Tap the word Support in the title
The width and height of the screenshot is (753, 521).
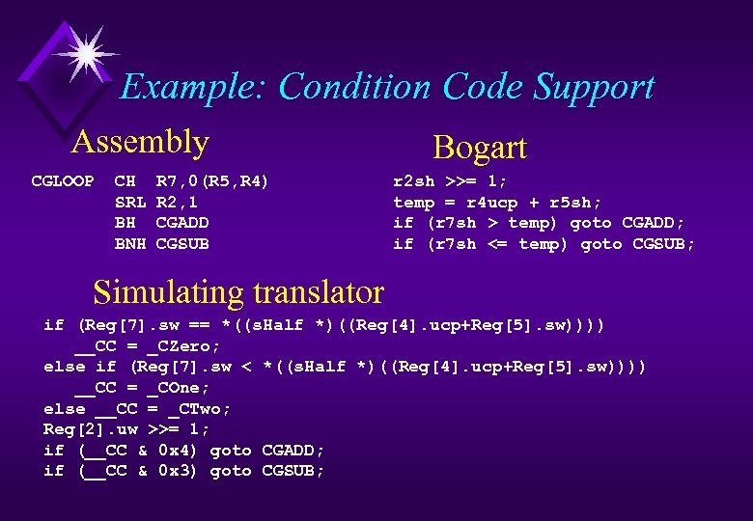(x=596, y=87)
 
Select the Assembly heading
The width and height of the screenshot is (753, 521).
(x=140, y=142)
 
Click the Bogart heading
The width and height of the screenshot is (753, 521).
(x=480, y=148)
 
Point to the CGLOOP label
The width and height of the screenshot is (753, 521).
(x=63, y=181)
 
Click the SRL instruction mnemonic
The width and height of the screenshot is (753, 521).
(x=129, y=203)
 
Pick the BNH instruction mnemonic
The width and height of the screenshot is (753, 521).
(x=129, y=244)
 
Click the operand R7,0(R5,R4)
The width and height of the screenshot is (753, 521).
(x=212, y=181)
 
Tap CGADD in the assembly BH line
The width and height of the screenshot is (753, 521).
(x=182, y=223)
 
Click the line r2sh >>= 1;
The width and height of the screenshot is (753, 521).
(x=450, y=181)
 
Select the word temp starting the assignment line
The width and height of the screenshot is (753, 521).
(x=413, y=203)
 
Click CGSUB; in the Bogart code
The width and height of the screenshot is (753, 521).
(x=663, y=244)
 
